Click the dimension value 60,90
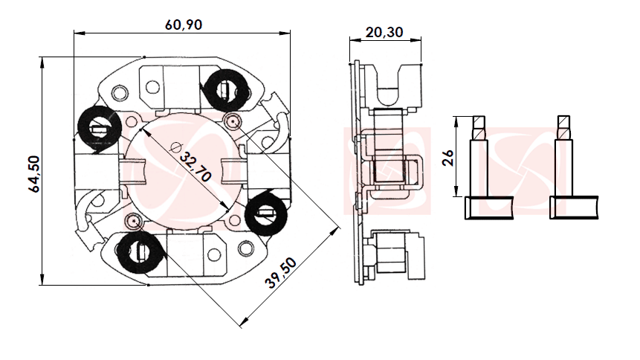pos(184,24)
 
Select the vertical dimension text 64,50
pos(33,173)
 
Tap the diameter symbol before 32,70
pos(176,147)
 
